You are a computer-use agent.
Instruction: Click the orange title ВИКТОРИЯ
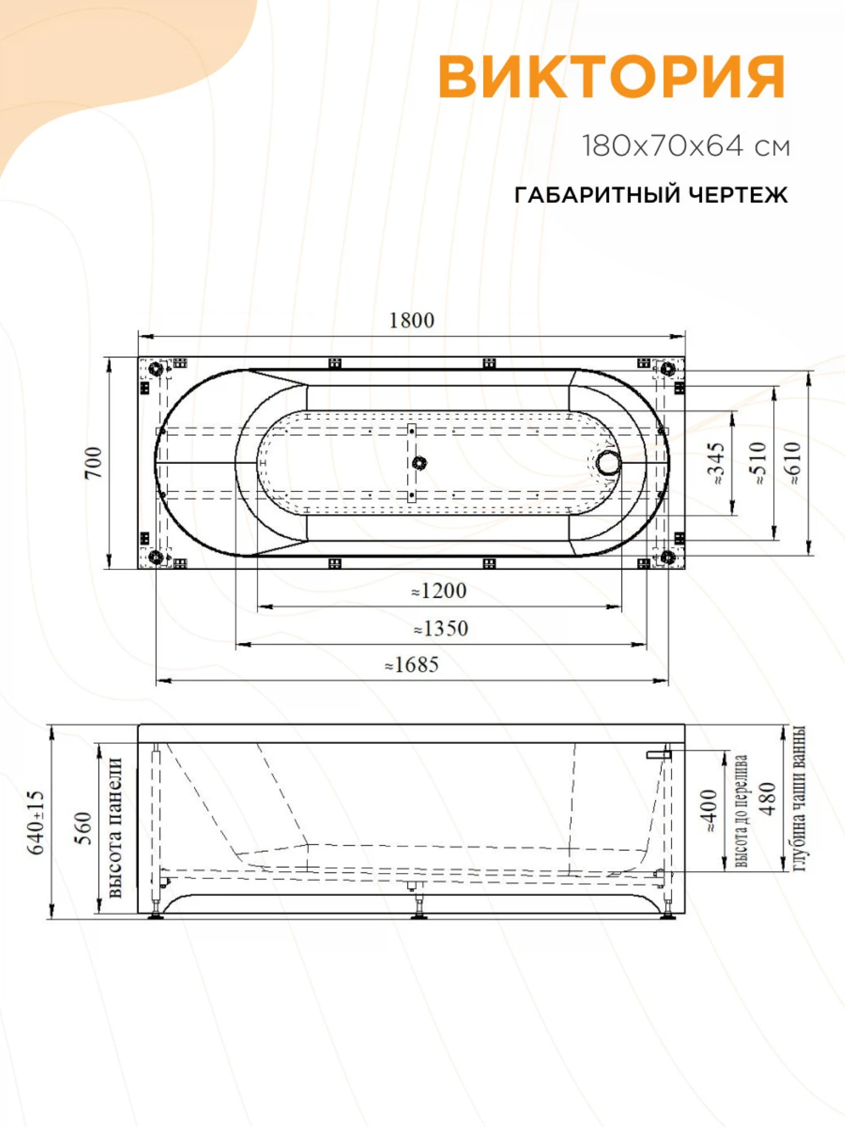click(x=611, y=77)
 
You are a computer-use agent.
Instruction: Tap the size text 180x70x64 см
click(x=686, y=147)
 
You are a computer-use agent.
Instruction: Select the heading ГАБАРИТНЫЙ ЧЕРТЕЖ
click(x=651, y=195)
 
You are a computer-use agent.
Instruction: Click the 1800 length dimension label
click(x=412, y=321)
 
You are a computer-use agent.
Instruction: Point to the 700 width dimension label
click(x=94, y=463)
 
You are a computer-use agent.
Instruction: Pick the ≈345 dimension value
click(x=715, y=463)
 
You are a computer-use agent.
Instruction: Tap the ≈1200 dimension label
click(x=439, y=591)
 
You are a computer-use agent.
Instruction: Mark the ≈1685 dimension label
click(x=412, y=665)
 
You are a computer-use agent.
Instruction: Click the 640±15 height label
click(x=35, y=822)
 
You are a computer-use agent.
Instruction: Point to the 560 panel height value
click(x=83, y=828)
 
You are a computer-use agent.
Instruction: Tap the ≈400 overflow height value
click(x=709, y=811)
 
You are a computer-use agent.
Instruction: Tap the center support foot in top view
click(x=419, y=463)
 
